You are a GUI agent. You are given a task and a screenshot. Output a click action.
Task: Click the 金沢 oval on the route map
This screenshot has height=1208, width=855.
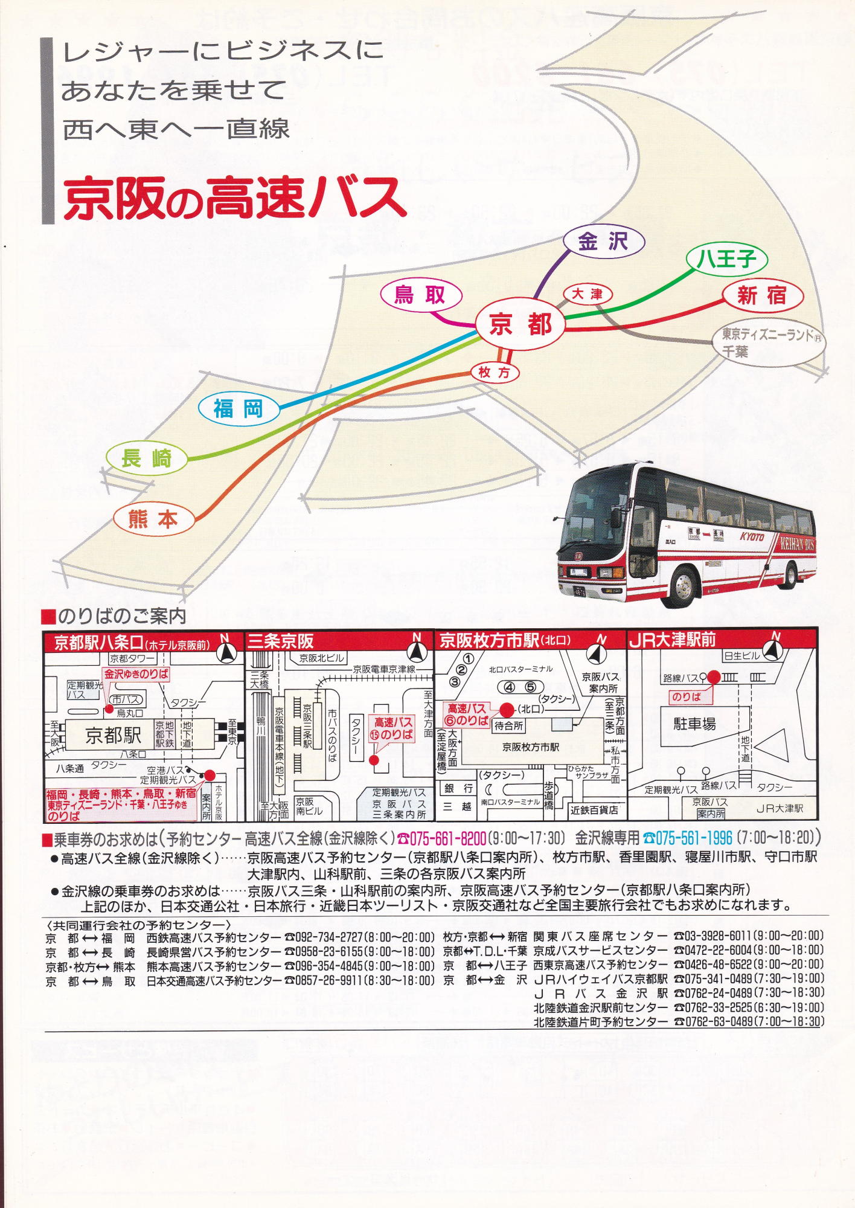click(603, 242)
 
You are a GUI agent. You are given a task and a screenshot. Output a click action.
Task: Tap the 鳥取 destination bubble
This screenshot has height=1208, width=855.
click(421, 295)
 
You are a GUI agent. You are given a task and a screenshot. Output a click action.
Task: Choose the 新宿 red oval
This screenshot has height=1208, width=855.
click(763, 295)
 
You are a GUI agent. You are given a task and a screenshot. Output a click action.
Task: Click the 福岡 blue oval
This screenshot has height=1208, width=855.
click(239, 410)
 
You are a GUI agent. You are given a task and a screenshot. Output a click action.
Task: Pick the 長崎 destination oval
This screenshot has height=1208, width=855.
click(147, 458)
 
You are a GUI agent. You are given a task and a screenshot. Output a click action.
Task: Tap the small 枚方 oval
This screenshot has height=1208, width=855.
click(495, 373)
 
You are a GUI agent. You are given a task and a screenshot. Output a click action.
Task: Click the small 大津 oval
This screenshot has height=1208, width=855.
click(588, 294)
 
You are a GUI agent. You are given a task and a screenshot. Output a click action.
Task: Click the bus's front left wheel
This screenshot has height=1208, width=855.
click(684, 586)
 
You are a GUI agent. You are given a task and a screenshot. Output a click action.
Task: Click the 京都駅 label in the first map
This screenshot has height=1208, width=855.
click(113, 735)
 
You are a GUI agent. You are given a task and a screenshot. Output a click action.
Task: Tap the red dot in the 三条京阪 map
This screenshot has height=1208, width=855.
click(374, 760)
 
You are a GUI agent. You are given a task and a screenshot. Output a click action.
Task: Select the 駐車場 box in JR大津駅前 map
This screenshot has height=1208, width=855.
click(694, 724)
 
